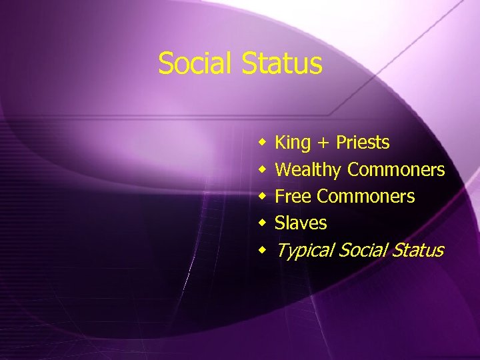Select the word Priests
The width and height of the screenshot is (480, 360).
coord(363,143)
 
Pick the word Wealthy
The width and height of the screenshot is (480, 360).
coord(307,170)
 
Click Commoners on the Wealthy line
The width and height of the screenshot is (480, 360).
coord(396,170)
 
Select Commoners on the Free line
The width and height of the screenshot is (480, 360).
coord(366,197)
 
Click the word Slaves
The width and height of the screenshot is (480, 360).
coord(301,223)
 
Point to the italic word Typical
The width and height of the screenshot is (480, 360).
coord(305,251)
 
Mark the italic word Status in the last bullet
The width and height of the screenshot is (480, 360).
coord(418,250)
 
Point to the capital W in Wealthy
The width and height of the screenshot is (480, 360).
coord(282,170)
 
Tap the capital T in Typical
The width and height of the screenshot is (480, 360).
coord(281,250)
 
